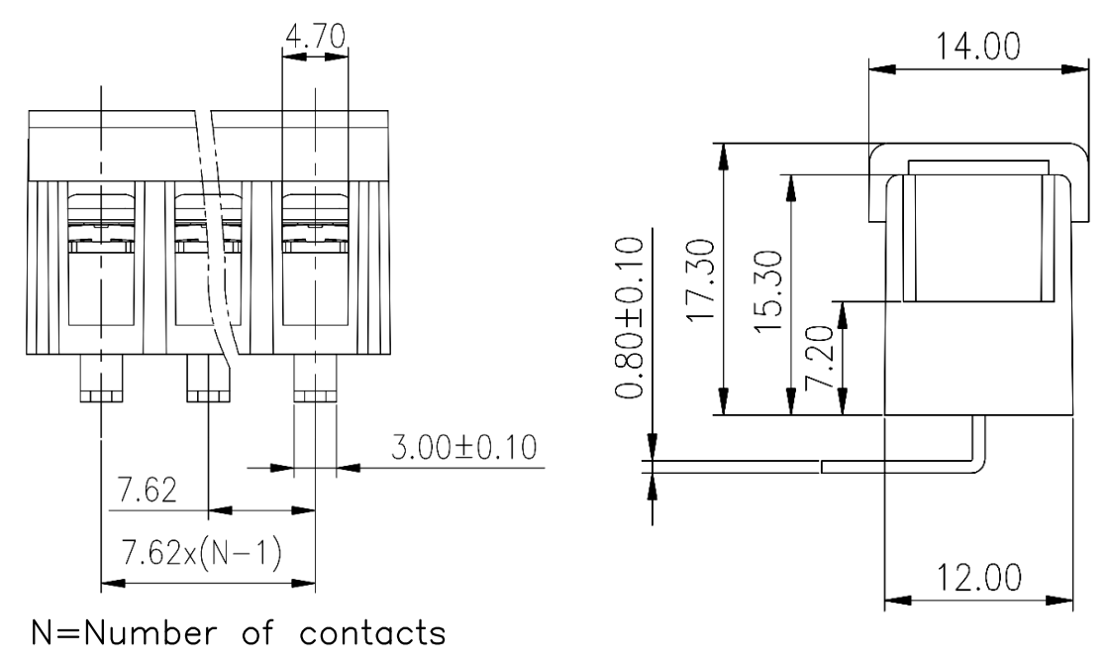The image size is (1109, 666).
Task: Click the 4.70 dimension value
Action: pos(316,36)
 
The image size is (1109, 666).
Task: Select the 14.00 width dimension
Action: pos(978,48)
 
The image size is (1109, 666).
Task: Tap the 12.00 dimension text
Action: pos(979,578)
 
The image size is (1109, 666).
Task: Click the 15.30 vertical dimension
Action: pos(767,291)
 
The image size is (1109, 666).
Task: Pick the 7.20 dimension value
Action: pos(820,358)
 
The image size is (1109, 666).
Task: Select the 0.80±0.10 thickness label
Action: pos(630,318)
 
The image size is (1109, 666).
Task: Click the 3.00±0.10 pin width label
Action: pos(464,447)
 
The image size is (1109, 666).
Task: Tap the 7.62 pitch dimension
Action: pos(148,491)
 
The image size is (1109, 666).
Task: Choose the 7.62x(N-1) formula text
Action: pos(202,553)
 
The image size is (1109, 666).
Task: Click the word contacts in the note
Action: pos(372,633)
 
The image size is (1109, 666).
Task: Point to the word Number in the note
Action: pos(151,632)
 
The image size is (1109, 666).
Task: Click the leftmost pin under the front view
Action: pos(101,378)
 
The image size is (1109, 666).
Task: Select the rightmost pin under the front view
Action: pos(316,378)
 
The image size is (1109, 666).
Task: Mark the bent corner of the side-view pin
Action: pos(979,467)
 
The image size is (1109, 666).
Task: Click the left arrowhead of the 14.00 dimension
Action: pos(881,69)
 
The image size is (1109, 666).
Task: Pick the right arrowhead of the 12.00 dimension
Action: pos(1060,601)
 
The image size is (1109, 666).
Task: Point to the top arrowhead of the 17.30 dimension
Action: pos(723,157)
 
